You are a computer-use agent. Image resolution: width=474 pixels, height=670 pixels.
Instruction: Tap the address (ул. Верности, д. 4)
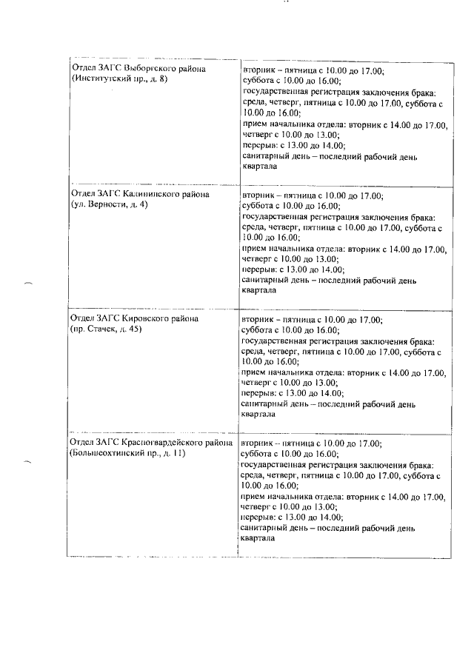coord(109,204)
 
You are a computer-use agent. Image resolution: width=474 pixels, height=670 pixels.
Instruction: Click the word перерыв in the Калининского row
coord(259,270)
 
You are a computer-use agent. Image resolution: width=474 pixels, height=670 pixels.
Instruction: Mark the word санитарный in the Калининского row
coord(265,281)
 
